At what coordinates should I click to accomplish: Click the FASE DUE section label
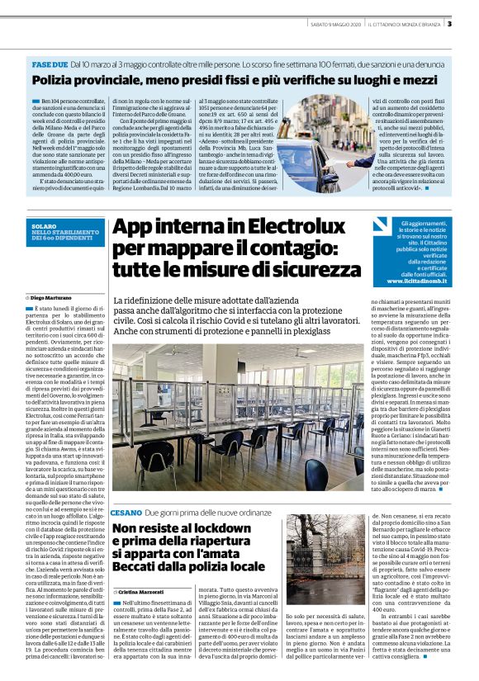[50, 64]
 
